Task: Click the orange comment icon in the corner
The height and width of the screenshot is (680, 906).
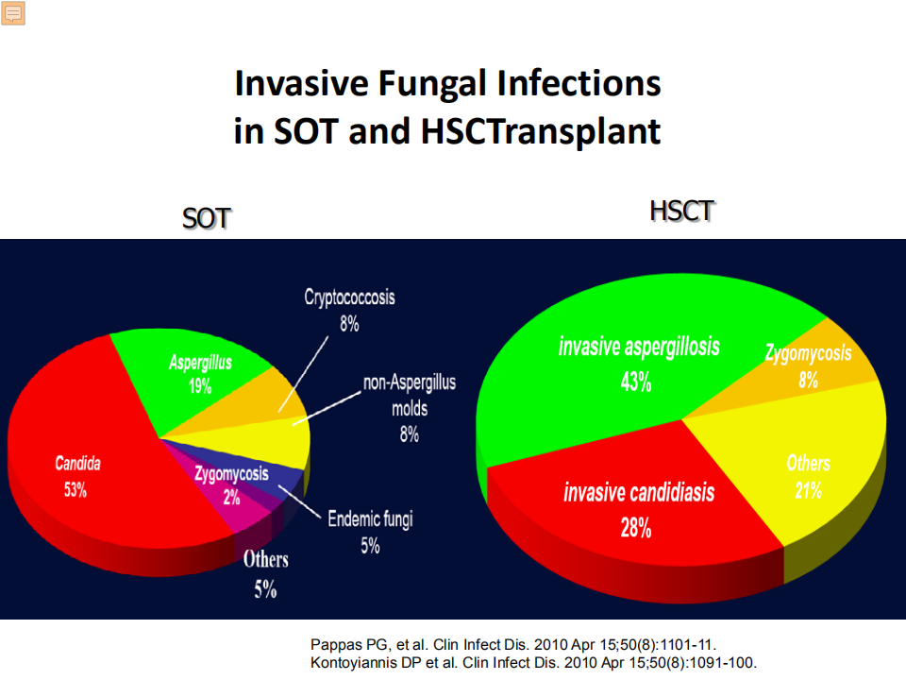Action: (x=12, y=12)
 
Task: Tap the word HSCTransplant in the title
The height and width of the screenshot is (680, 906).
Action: (x=541, y=132)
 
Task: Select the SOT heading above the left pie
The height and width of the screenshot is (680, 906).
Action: (x=207, y=218)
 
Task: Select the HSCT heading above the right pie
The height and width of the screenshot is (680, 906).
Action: (x=681, y=211)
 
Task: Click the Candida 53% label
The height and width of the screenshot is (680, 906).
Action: (x=77, y=476)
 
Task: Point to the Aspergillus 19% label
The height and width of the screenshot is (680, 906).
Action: (x=200, y=374)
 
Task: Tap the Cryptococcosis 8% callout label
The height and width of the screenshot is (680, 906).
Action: (x=349, y=310)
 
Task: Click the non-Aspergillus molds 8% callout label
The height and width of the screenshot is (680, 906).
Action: (x=409, y=408)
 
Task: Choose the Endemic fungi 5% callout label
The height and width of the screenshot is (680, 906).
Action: (x=370, y=532)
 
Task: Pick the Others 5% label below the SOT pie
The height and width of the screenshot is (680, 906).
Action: (x=266, y=574)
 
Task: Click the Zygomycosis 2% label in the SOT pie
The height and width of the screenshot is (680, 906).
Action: (x=231, y=485)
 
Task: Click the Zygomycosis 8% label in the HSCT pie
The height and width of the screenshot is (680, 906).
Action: (x=809, y=366)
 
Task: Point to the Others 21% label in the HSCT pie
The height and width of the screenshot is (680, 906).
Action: (x=809, y=476)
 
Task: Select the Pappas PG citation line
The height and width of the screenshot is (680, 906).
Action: (x=513, y=644)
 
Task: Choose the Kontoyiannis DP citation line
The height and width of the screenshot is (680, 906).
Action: (x=533, y=663)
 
